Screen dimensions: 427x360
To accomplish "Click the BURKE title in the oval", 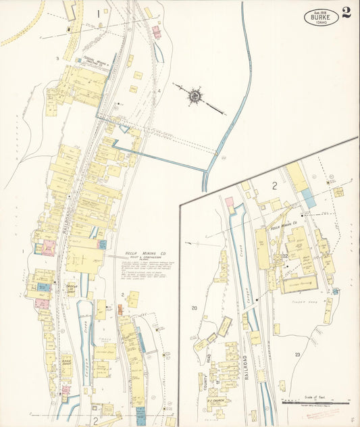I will pos(321,18).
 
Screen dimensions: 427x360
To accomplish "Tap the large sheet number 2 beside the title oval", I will pos(346,13).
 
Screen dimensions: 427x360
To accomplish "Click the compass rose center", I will pos(195,95).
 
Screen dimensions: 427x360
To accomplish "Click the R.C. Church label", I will pos(215,401).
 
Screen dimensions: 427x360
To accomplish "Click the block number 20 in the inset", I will pos(195,308).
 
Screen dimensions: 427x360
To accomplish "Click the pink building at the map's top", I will pos(157,31).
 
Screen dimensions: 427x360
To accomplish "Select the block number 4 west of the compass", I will pos(159,91).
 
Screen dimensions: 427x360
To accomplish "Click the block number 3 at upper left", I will pos(57,59).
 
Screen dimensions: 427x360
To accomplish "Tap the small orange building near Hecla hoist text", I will pos(120,309).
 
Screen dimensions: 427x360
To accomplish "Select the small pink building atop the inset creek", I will pos(229,201).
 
